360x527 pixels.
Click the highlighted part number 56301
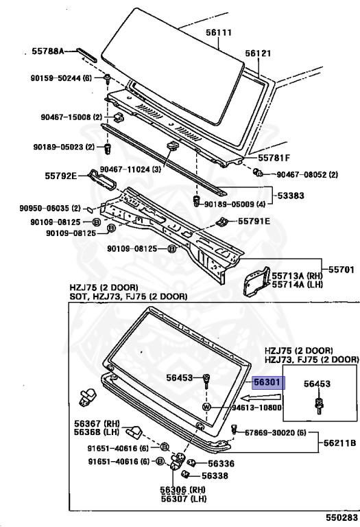(268, 382)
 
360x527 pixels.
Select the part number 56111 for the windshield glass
(219, 33)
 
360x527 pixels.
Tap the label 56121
(258, 53)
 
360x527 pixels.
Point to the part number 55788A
(48, 51)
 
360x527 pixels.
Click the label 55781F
(274, 158)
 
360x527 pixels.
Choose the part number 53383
(291, 196)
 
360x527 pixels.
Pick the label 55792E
(61, 176)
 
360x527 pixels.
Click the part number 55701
(341, 269)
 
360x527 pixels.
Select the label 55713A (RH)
(297, 276)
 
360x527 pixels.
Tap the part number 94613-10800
(257, 408)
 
